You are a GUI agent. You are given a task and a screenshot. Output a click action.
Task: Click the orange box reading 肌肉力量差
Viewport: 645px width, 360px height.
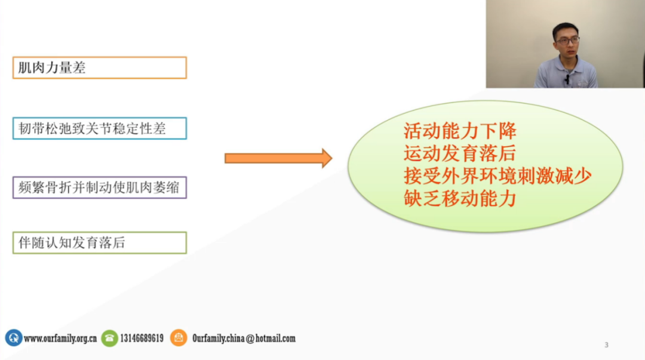click(x=99, y=67)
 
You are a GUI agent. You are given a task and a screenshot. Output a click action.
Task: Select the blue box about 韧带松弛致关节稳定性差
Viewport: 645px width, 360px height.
click(x=99, y=128)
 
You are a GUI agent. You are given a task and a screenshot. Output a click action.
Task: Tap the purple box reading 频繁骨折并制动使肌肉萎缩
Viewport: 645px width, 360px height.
click(x=99, y=187)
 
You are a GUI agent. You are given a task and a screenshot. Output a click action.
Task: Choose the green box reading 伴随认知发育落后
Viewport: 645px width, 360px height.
click(x=99, y=242)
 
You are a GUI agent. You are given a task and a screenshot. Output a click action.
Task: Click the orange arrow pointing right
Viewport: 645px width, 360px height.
click(x=278, y=158)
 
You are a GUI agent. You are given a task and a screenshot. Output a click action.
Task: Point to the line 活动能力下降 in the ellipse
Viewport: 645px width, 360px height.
click(x=459, y=130)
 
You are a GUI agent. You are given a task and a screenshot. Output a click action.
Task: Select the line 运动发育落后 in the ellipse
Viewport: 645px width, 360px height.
click(x=459, y=153)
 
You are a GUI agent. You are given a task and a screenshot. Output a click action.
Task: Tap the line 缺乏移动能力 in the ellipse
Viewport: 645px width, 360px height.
click(x=459, y=199)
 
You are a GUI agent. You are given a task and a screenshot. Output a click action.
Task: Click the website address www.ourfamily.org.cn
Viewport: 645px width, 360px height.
click(x=60, y=339)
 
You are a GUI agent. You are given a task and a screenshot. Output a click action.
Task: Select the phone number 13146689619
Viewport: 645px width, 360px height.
click(x=142, y=339)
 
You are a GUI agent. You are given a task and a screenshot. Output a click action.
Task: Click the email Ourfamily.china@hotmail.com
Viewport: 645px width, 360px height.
click(x=244, y=339)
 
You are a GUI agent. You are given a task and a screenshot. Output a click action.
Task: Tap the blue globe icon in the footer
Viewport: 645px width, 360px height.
click(x=13, y=338)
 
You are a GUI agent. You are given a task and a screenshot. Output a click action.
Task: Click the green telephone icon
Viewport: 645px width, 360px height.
click(x=109, y=338)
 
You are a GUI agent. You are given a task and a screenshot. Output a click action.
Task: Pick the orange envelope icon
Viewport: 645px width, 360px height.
click(x=179, y=338)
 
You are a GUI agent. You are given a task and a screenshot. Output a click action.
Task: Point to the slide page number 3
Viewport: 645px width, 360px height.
click(x=606, y=345)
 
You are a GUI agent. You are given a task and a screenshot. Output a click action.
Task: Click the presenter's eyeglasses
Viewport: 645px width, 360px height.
click(x=567, y=41)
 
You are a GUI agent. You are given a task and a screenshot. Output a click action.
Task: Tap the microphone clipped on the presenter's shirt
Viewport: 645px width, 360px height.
click(x=566, y=79)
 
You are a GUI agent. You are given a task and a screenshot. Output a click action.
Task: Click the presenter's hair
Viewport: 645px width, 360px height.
click(x=565, y=28)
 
